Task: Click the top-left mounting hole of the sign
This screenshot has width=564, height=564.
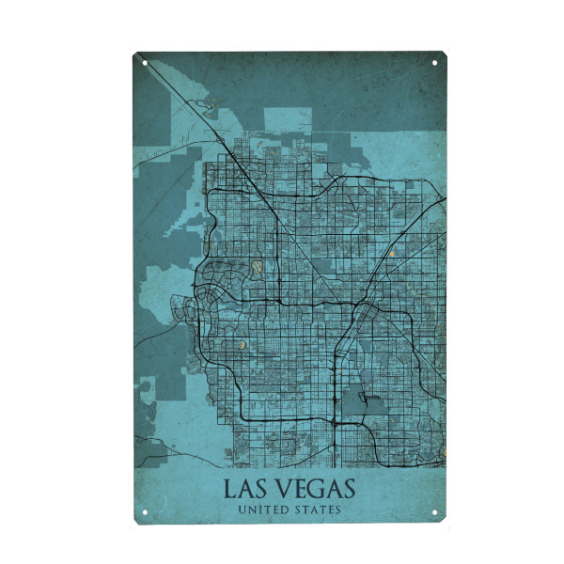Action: (145, 64)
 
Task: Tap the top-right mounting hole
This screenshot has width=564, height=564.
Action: (435, 64)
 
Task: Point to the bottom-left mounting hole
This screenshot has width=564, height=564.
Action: (145, 512)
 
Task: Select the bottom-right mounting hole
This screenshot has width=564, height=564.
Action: (435, 512)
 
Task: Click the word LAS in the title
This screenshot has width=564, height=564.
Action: (248, 491)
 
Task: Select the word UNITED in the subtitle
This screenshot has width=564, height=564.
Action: (264, 510)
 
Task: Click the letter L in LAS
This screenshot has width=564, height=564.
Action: (229, 491)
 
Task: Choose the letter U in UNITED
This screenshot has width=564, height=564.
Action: (243, 510)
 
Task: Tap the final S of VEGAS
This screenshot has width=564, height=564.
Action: (349, 491)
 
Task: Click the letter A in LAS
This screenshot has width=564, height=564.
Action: (247, 491)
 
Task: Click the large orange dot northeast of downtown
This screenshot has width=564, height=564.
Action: (391, 253)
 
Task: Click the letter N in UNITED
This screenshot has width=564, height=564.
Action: (252, 510)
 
